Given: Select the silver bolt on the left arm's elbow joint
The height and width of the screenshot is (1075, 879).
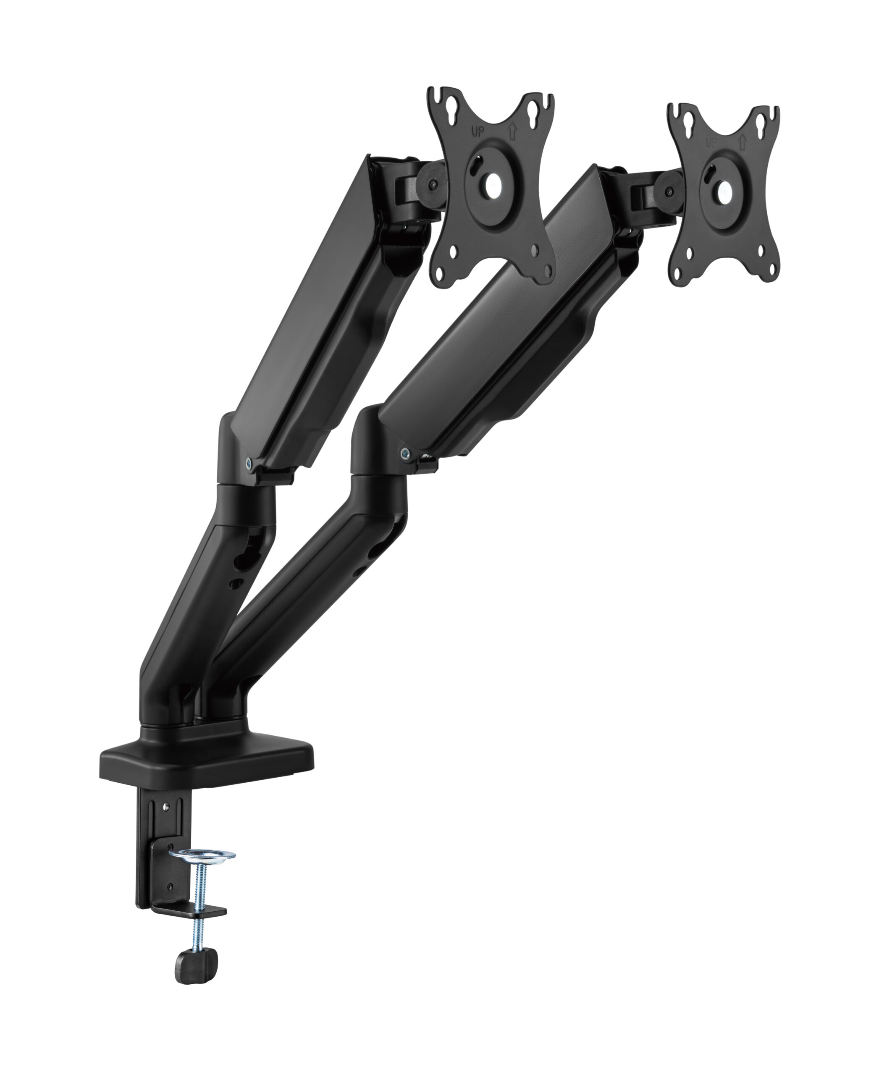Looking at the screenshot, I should point(248,462).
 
